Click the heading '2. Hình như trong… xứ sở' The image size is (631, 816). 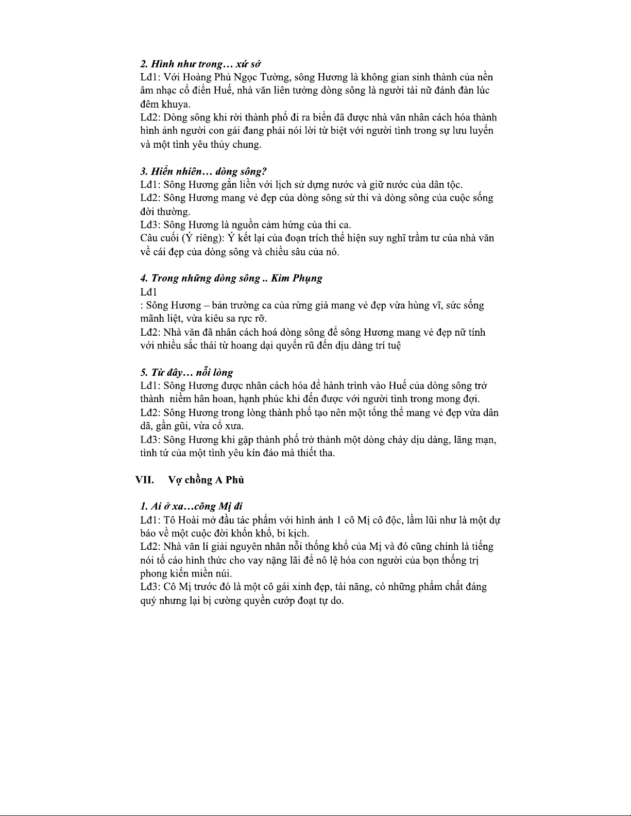pos(200,64)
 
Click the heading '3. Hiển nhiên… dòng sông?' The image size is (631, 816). pos(203,171)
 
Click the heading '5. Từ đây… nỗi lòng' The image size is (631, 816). pos(186,372)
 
